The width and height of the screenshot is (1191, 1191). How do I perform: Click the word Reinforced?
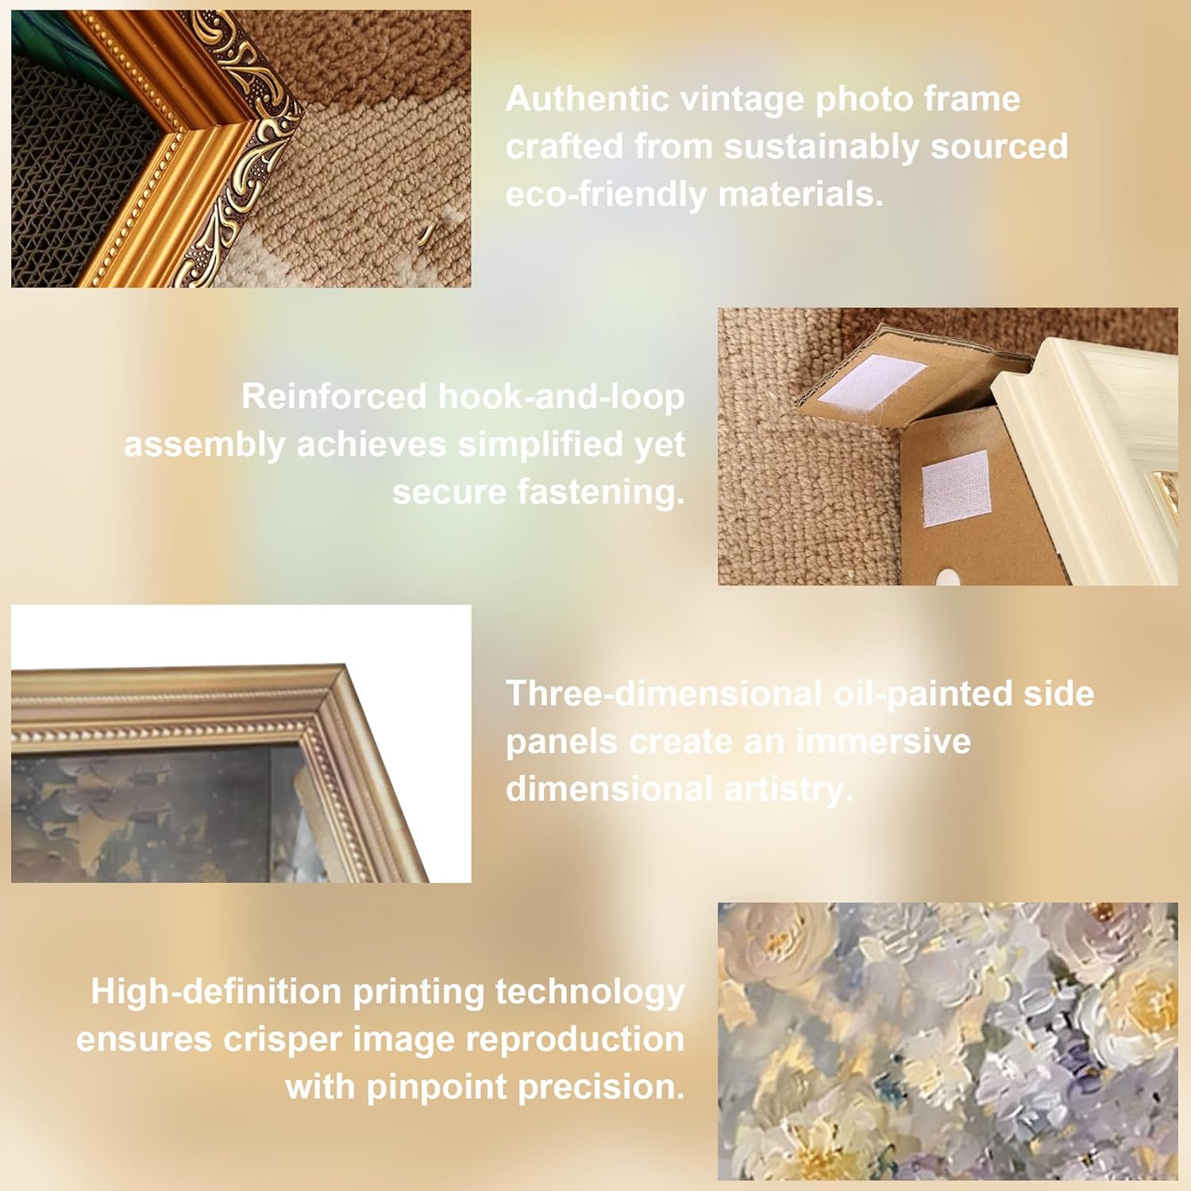334,396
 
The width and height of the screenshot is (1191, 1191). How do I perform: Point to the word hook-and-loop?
561,396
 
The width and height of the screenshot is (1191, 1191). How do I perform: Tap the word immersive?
883,742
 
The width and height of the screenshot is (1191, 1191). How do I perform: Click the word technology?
589,992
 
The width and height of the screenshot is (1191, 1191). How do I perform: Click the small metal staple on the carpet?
427,233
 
